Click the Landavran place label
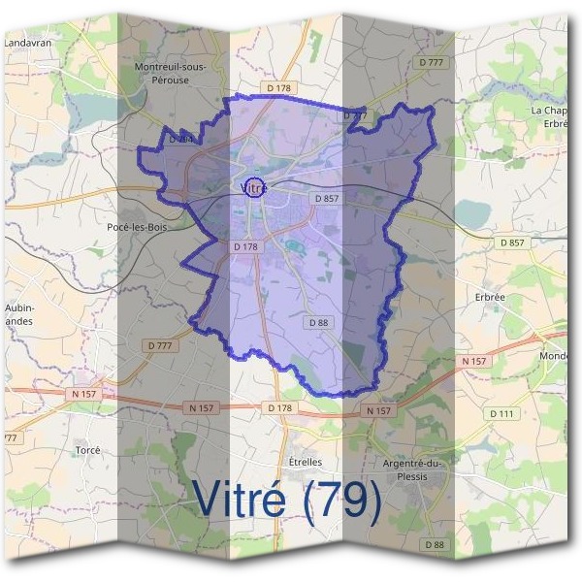[x=27, y=44]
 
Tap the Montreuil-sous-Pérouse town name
[x=176, y=73]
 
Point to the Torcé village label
[x=87, y=451]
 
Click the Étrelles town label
[x=305, y=462]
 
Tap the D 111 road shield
[x=501, y=414]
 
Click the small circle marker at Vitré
[x=254, y=185]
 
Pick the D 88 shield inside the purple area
[x=318, y=322]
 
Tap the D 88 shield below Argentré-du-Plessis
[x=435, y=546]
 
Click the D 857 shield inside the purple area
[x=326, y=198]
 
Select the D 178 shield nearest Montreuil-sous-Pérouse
[x=278, y=88]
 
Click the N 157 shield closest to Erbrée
[x=474, y=361]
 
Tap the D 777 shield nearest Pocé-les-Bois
[x=160, y=345]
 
